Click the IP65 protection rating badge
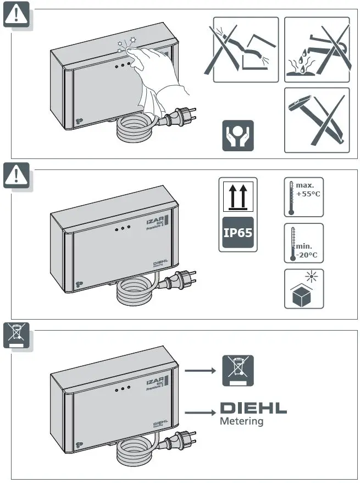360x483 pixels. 237,232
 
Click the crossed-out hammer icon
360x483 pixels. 317,120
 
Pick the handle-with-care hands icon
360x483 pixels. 238,135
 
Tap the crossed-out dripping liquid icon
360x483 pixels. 317,50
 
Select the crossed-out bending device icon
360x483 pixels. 246,50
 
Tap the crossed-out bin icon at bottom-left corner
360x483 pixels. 16,335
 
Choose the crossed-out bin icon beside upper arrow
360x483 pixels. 238,370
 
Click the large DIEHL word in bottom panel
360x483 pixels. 253,409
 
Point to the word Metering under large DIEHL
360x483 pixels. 241,422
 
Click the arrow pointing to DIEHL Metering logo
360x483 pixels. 200,410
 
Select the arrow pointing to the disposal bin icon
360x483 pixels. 200,371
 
